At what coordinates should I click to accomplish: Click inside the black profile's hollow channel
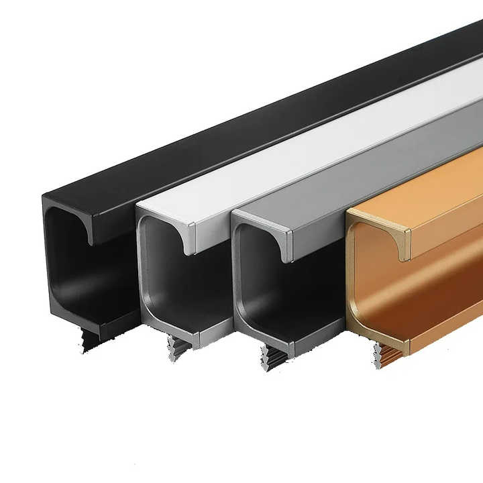coord(74,268)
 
